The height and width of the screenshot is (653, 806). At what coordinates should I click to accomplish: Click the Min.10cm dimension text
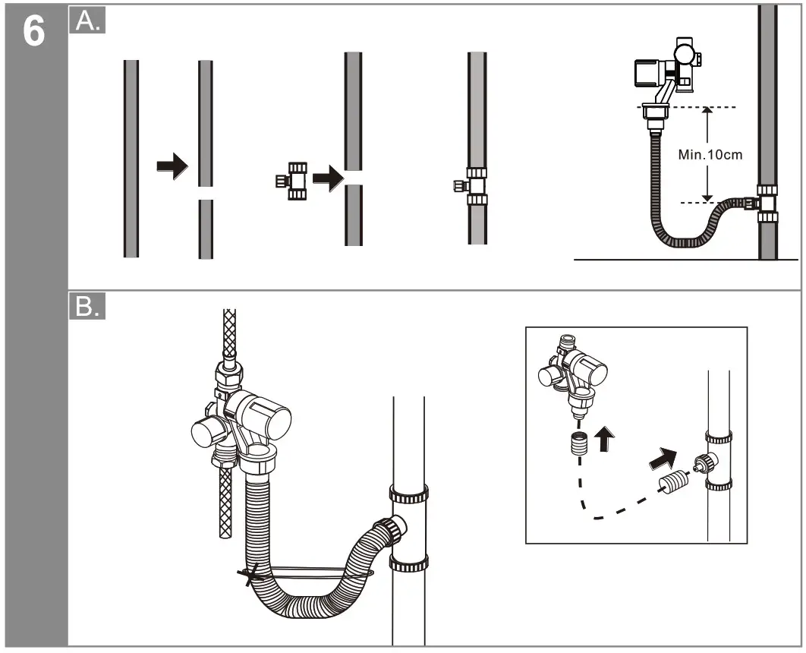click(710, 154)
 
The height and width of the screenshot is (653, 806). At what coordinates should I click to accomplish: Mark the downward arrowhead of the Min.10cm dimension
click(707, 197)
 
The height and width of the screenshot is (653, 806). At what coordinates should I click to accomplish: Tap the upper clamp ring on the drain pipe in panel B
click(409, 494)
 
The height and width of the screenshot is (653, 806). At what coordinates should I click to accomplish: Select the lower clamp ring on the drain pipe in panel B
click(409, 563)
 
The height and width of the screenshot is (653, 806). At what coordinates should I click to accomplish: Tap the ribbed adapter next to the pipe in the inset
click(669, 481)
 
